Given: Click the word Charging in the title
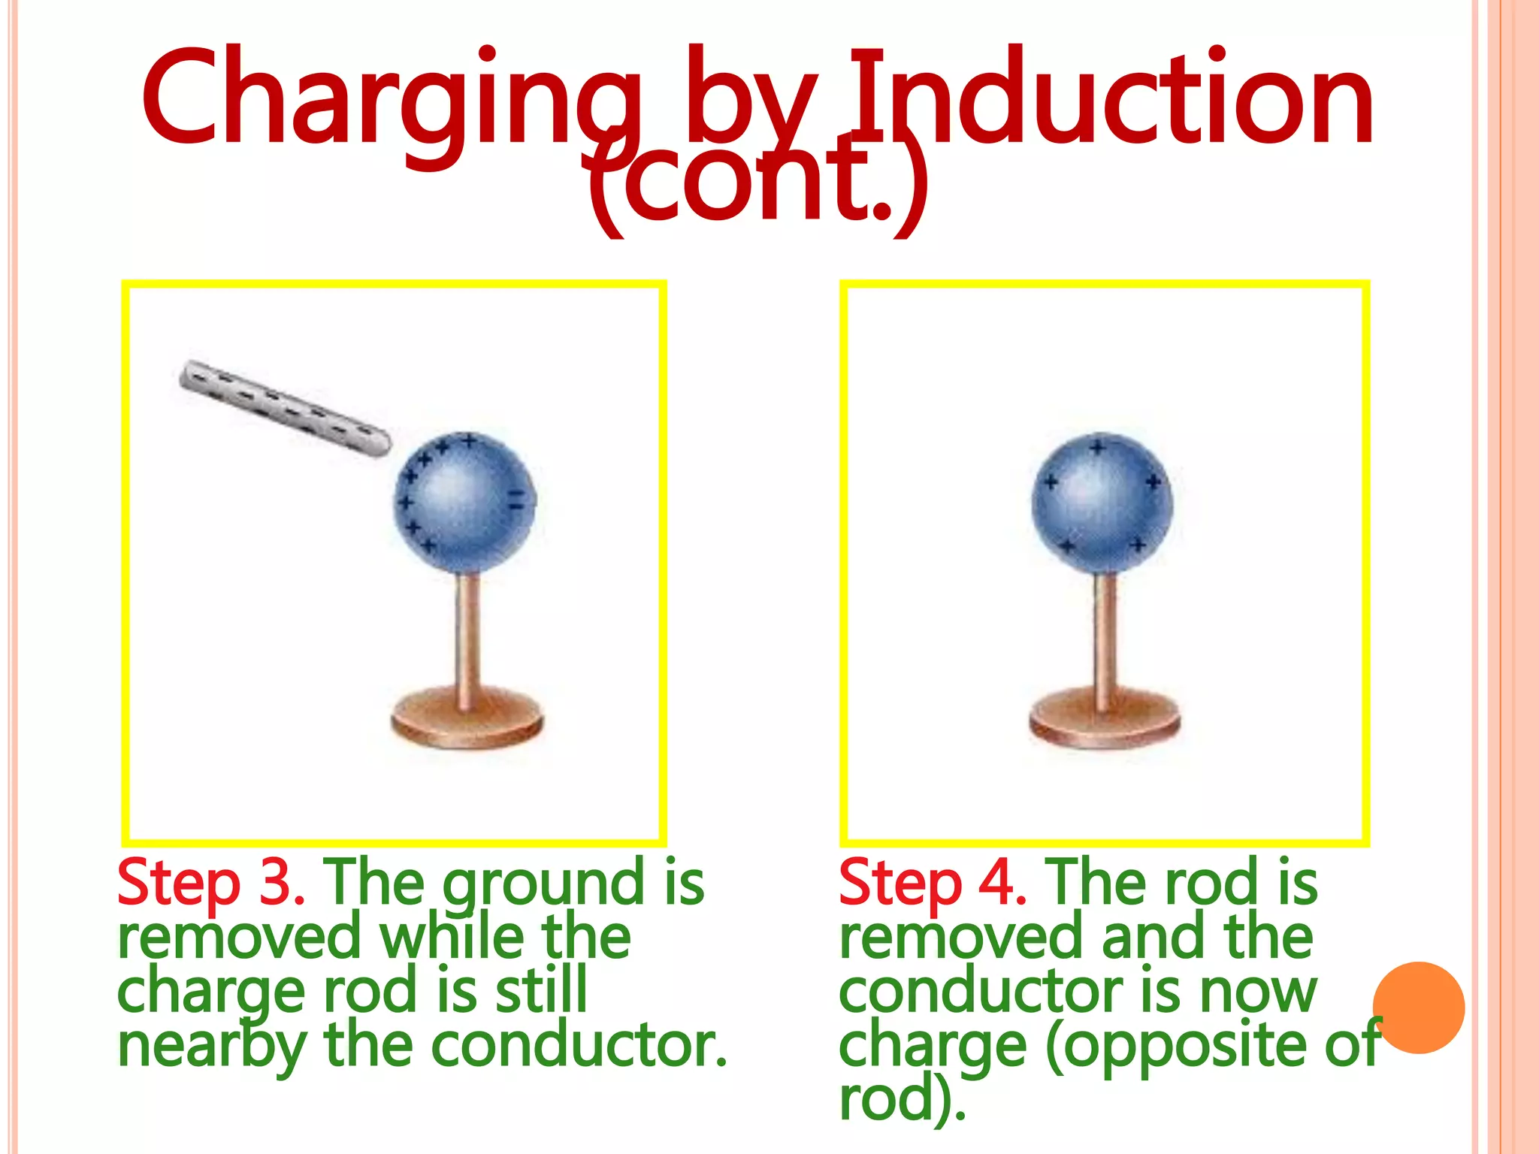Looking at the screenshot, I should pyautogui.click(x=391, y=98).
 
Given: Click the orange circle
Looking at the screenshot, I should pyautogui.click(x=1419, y=1007).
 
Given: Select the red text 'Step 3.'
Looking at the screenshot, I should pyautogui.click(x=210, y=883).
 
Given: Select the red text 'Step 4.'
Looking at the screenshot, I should pyautogui.click(x=932, y=883).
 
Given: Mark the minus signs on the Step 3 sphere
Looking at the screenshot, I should pyautogui.click(x=516, y=499).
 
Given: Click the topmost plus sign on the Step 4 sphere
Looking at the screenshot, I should pyautogui.click(x=1098, y=449).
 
